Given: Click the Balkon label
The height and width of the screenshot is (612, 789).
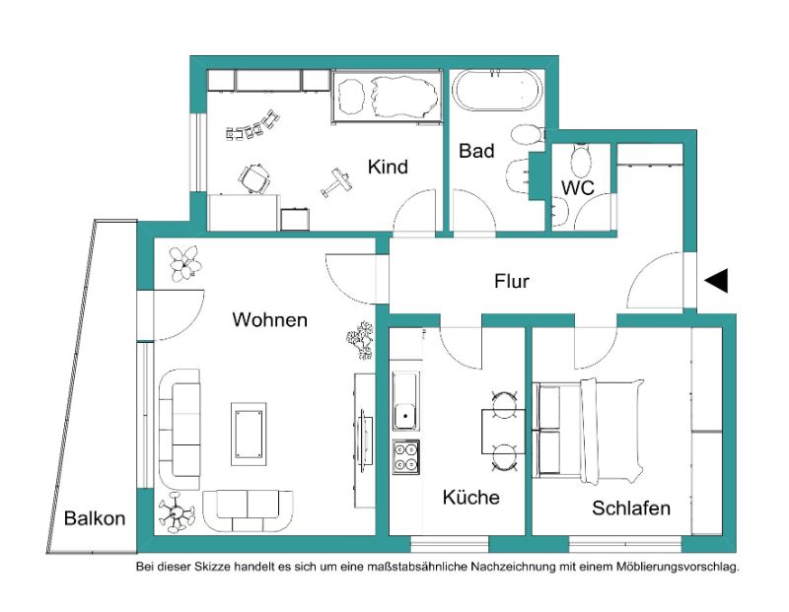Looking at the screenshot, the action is pyautogui.click(x=95, y=518).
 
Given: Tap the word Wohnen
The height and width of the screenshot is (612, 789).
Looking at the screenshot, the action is pyautogui.click(x=269, y=320).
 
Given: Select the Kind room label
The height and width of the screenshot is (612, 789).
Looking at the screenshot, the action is pyautogui.click(x=388, y=167).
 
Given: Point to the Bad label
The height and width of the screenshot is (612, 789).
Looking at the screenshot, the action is pyautogui.click(x=476, y=151).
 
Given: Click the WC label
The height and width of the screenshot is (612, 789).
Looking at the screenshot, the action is pyautogui.click(x=578, y=187).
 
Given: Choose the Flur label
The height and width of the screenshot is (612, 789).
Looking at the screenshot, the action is pyautogui.click(x=512, y=281).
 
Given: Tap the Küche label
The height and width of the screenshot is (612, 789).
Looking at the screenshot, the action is pyautogui.click(x=471, y=498).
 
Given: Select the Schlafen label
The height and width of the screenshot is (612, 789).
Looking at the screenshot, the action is pyautogui.click(x=631, y=508).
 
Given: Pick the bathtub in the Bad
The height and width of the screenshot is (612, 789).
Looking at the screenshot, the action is pyautogui.click(x=498, y=91).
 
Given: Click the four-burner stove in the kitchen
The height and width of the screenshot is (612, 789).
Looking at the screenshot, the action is pyautogui.click(x=406, y=456).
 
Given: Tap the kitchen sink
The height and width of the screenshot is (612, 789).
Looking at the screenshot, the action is pyautogui.click(x=405, y=401).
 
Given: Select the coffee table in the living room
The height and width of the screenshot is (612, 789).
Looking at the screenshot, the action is pyautogui.click(x=249, y=434).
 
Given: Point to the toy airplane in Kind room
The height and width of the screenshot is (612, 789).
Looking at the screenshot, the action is pyautogui.click(x=336, y=182).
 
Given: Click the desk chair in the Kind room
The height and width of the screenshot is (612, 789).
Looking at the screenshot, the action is pyautogui.click(x=253, y=178).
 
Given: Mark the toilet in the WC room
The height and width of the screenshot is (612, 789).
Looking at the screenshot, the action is pyautogui.click(x=581, y=159).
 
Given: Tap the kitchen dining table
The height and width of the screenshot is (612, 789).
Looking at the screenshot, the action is pyautogui.click(x=503, y=432).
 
